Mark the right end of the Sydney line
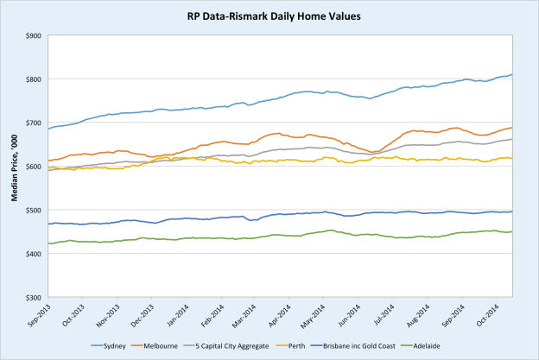click(512, 74)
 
